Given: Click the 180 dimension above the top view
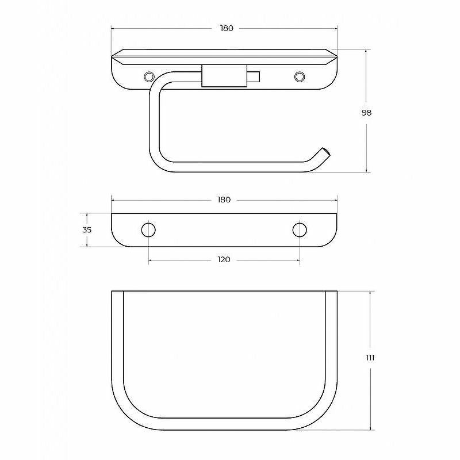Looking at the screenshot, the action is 227,28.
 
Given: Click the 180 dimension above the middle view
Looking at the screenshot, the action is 224,200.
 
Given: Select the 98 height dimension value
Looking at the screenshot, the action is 366,113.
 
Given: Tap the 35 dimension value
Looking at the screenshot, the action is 87,230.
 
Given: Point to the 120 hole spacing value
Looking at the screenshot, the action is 224,260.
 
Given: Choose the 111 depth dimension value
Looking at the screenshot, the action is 370,358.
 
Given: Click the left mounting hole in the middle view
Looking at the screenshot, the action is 148,229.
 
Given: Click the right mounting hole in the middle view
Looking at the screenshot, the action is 300,229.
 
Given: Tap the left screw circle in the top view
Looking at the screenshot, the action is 149,76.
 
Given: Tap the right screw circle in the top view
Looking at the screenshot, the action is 300,76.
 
